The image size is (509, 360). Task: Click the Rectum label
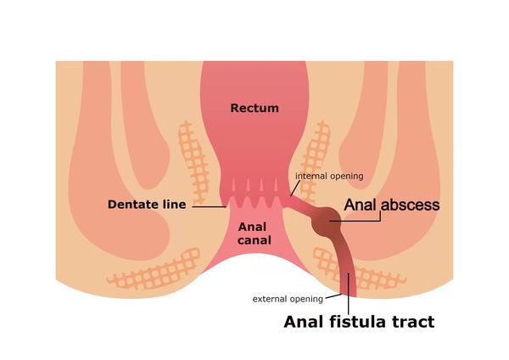click(x=255, y=108)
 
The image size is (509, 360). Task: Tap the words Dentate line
click(x=147, y=205)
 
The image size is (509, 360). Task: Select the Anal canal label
click(x=255, y=233)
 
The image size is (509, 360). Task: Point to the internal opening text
click(x=329, y=176)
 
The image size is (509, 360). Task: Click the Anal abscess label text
click(x=392, y=205)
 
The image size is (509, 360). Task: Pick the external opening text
click(x=288, y=299)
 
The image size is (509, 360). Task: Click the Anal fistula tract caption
click(x=359, y=322)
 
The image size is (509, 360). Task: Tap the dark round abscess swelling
click(x=326, y=221)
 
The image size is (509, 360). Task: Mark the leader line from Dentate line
click(x=209, y=206)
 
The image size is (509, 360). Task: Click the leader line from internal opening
click(x=295, y=188)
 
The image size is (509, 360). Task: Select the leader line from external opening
click(x=333, y=296)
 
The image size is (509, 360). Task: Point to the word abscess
click(x=411, y=205)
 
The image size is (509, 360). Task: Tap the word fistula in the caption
click(x=358, y=322)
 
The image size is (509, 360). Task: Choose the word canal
click(x=255, y=240)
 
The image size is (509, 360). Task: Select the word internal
click(x=311, y=176)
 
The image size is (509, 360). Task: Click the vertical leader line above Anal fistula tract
click(x=349, y=294)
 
